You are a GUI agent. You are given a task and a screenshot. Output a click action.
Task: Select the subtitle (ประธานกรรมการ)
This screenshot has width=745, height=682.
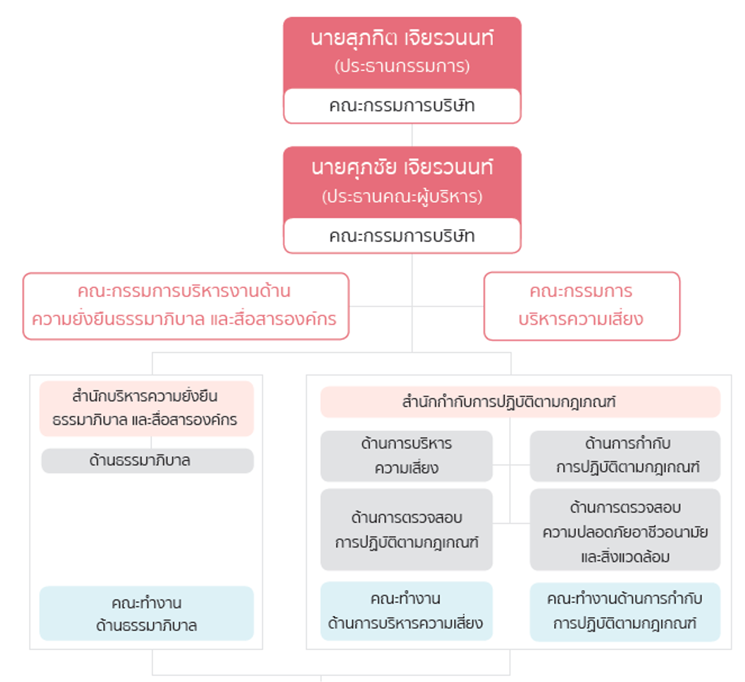click(x=402, y=66)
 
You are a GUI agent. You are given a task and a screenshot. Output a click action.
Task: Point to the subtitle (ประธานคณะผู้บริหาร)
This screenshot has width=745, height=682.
click(x=402, y=196)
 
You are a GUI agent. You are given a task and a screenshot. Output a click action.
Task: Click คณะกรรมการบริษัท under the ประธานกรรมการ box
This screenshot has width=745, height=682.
click(x=402, y=106)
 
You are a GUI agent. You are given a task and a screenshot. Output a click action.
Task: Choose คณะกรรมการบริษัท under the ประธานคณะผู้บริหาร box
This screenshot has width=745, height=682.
click(x=402, y=236)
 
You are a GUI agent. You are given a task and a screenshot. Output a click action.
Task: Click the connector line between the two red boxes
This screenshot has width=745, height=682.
click(x=412, y=135)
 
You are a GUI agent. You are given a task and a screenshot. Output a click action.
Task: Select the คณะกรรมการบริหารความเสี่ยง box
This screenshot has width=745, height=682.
click(x=582, y=306)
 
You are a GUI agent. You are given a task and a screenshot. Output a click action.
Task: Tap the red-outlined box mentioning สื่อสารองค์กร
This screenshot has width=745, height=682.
click(x=186, y=306)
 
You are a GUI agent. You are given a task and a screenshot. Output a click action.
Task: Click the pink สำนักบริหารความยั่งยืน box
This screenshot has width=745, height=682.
click(x=147, y=408)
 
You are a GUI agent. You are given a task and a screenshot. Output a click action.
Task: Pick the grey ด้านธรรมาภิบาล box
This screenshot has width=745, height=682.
click(x=147, y=460)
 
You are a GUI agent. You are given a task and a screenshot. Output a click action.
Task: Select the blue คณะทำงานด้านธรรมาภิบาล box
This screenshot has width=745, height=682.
click(x=147, y=613)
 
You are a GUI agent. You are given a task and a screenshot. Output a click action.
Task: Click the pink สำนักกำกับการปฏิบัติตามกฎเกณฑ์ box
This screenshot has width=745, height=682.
click(x=520, y=402)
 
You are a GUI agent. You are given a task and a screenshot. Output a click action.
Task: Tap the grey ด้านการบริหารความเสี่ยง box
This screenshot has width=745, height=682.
click(x=406, y=456)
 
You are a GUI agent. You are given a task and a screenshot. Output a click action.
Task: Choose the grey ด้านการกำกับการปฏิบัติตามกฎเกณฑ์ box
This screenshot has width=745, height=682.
click(x=625, y=456)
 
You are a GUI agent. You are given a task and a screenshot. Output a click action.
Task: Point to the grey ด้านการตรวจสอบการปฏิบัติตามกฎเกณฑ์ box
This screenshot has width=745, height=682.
click(x=406, y=529)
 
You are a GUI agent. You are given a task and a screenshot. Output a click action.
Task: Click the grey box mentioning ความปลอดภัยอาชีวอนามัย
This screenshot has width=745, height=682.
click(x=625, y=529)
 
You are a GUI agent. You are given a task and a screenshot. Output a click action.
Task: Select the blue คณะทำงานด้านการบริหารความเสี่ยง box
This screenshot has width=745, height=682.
click(x=406, y=611)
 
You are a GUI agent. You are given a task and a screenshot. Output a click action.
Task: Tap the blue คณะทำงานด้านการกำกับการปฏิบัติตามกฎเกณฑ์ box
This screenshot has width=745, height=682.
click(x=625, y=612)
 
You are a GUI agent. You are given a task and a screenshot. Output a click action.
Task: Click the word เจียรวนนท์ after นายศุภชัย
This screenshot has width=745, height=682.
click(x=449, y=167)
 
